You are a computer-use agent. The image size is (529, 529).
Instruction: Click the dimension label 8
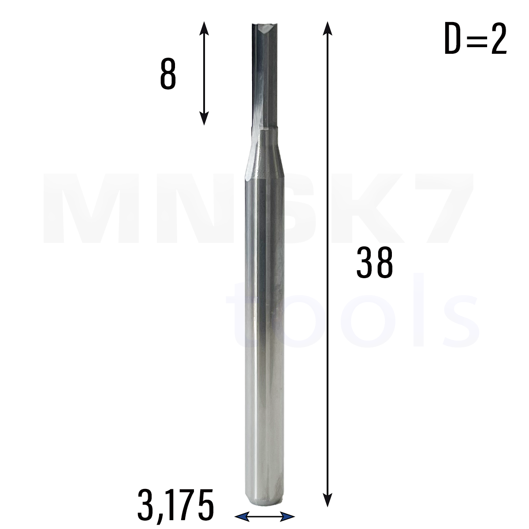tap(168, 73)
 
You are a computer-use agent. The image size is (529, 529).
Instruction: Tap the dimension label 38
tap(374, 262)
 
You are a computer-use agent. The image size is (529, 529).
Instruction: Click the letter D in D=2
tap(452, 38)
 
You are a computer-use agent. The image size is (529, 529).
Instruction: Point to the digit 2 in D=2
tap(499, 38)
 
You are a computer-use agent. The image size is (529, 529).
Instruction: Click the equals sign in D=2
tap(476, 39)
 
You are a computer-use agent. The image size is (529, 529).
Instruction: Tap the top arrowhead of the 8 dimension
tap(204, 29)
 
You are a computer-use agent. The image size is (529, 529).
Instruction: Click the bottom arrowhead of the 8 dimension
tap(204, 118)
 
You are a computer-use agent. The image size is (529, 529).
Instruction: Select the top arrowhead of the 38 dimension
tap(327, 29)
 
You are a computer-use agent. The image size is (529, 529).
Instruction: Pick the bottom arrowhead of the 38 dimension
tap(327, 499)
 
